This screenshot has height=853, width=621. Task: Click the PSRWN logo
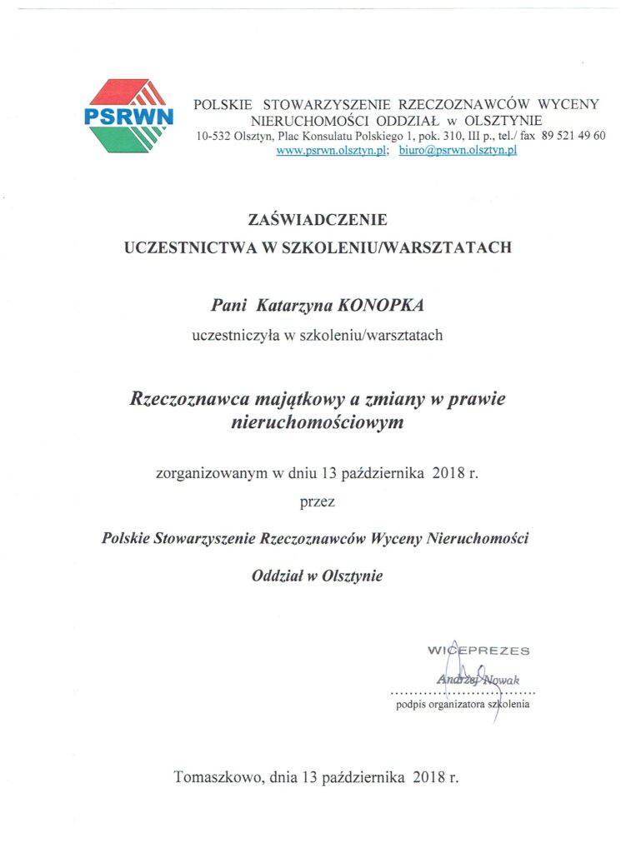pos(129,115)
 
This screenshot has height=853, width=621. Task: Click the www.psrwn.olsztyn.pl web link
pos(331,150)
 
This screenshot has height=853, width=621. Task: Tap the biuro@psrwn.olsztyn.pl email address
pos(458,150)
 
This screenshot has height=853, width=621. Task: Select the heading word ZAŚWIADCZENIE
pos(318,221)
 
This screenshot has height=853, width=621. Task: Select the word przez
pos(318,501)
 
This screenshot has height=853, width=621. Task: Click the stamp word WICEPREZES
pos(478,650)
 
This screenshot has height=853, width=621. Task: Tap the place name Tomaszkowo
pos(218,778)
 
